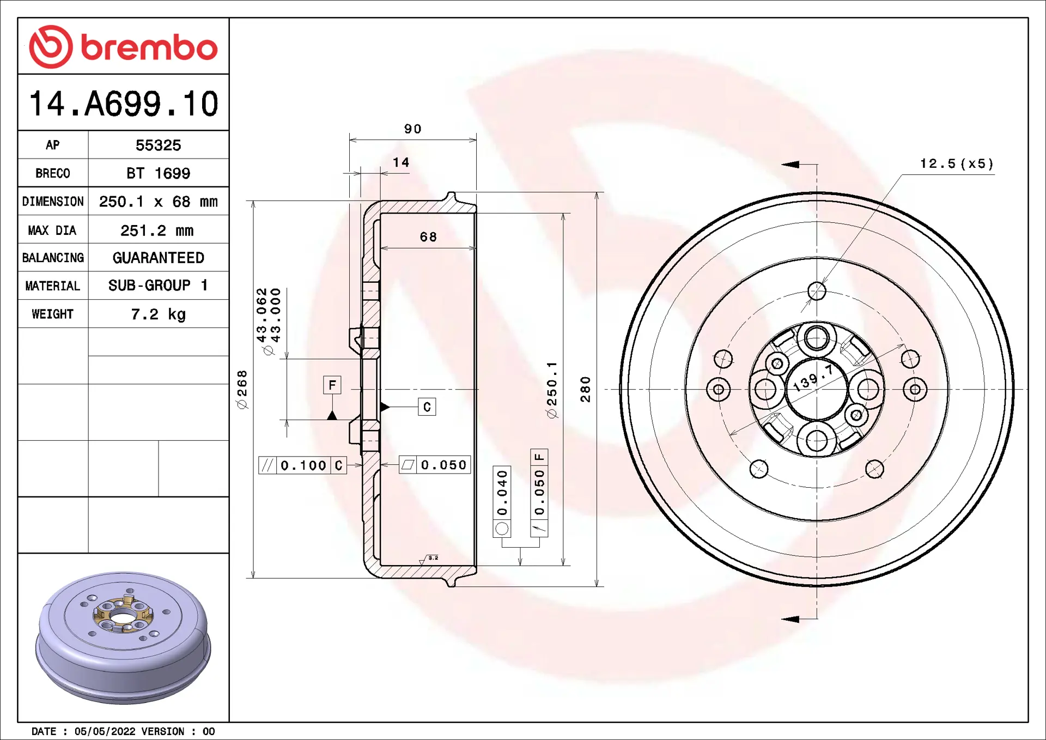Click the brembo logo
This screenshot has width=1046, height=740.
(x=124, y=47)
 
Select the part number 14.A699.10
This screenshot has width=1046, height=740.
(x=124, y=104)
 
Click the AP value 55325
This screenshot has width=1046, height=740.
(x=158, y=145)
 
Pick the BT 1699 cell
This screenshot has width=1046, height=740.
(x=158, y=173)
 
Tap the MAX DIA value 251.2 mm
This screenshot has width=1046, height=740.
(x=157, y=231)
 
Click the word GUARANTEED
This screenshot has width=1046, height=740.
(x=158, y=258)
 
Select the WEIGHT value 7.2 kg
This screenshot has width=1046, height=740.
(x=158, y=314)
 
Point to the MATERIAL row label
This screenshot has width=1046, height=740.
(x=53, y=286)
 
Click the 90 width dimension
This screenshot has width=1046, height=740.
(x=413, y=129)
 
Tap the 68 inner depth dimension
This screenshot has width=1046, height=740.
(x=428, y=237)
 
